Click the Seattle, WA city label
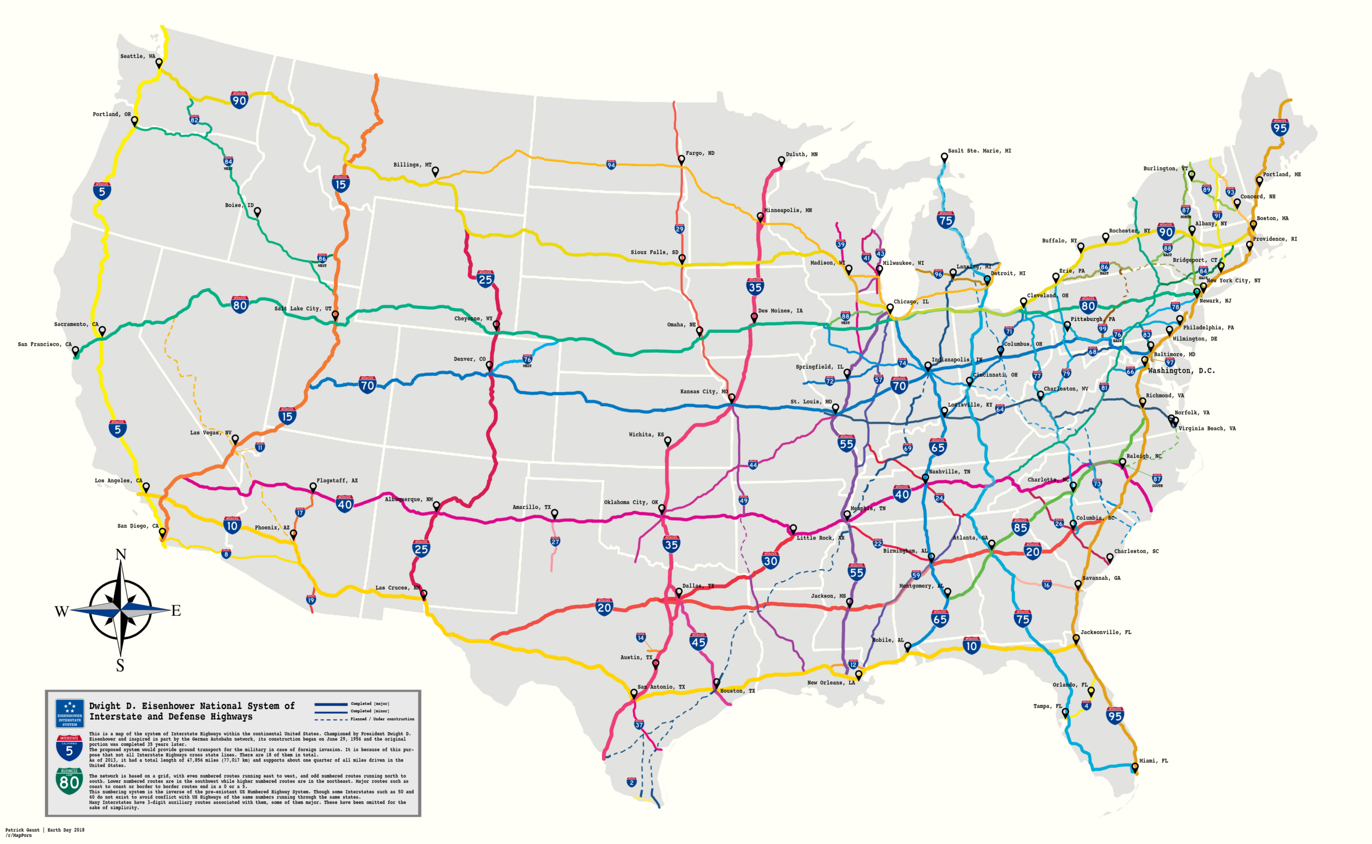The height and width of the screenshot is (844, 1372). (x=137, y=56)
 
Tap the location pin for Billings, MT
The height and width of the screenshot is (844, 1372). (x=435, y=171)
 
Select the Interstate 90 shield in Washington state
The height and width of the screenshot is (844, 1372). (x=239, y=100)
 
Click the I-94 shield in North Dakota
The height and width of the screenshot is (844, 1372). (x=611, y=165)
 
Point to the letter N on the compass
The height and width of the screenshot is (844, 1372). (x=121, y=554)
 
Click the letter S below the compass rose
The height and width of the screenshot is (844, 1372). (x=120, y=666)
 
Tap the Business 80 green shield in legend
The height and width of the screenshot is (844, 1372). (x=69, y=781)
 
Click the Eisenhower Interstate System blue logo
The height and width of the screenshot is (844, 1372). (x=70, y=713)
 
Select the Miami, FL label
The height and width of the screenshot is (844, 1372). (x=1153, y=761)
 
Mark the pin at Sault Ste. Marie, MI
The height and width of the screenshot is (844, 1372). (x=944, y=158)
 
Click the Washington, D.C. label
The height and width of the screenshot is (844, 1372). (x=1181, y=371)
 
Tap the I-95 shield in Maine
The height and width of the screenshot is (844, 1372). (x=1280, y=128)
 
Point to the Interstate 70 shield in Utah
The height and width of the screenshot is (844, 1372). (x=367, y=385)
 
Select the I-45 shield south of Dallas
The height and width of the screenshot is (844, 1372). (x=698, y=641)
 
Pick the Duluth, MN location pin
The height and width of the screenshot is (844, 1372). (x=781, y=161)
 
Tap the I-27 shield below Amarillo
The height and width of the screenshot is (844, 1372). (x=555, y=541)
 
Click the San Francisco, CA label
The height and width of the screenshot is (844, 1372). (x=44, y=345)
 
